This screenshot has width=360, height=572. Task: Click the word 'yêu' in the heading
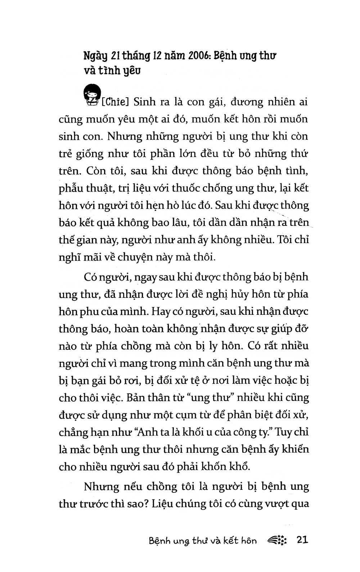[x=132, y=71]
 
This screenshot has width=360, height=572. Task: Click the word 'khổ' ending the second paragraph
[x=240, y=467]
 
